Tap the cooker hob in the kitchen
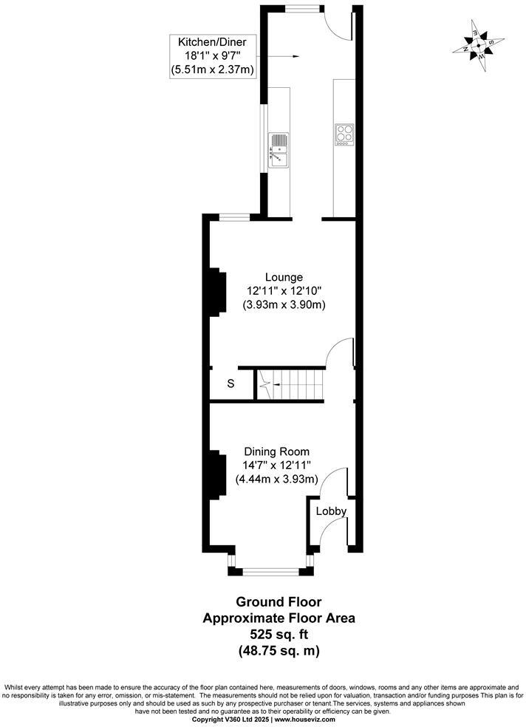coord(345,134)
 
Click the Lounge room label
coord(284,277)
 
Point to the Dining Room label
coord(276,451)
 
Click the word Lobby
coord(331,511)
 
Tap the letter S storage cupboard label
coord(230,384)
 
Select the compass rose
coord(479,44)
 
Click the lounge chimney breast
coord(216,293)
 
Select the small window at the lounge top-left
coord(236,216)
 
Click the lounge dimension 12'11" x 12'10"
coord(284,290)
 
